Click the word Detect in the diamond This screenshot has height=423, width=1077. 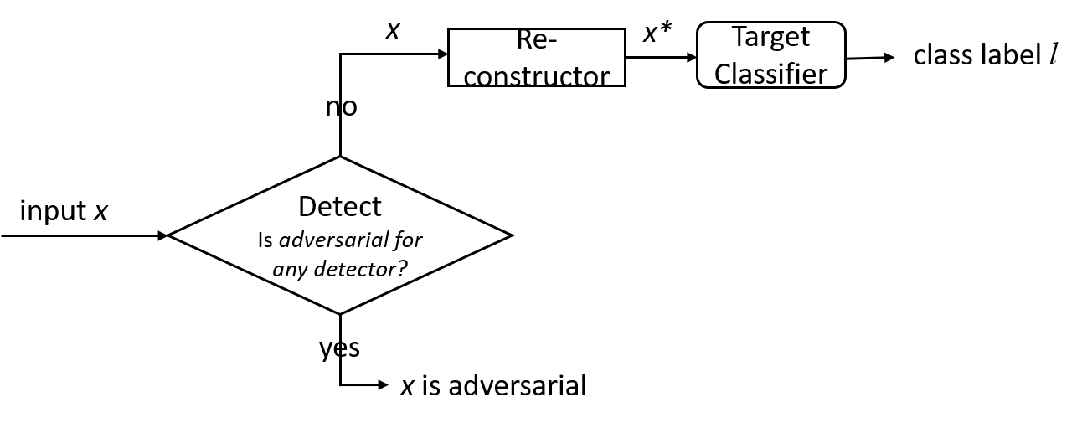pyautogui.click(x=339, y=206)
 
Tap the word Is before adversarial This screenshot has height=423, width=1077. pyautogui.click(x=265, y=240)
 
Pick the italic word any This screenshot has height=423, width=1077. pyautogui.click(x=290, y=271)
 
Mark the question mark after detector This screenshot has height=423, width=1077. pyautogui.click(x=402, y=270)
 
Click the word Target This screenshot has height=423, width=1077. pyautogui.click(x=770, y=38)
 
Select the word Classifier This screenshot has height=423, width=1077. pyautogui.click(x=770, y=73)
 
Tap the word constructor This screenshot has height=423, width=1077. pyautogui.click(x=536, y=75)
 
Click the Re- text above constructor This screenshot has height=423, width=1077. pyautogui.click(x=536, y=39)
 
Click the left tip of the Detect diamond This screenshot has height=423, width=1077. pyautogui.click(x=173, y=235)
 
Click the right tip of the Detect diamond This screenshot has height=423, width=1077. pyautogui.click(x=508, y=235)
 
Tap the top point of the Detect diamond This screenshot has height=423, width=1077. pyautogui.click(x=340, y=159)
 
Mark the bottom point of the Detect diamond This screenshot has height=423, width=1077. pyautogui.click(x=340, y=312)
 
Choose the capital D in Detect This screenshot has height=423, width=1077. pyautogui.click(x=307, y=206)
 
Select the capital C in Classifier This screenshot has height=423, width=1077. pyautogui.click(x=724, y=73)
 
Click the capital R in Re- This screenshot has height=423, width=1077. pyautogui.click(x=524, y=39)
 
